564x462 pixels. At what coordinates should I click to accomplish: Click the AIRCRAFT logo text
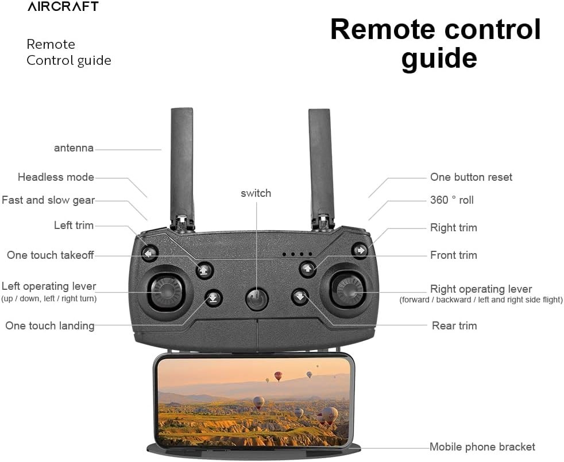point(63,6)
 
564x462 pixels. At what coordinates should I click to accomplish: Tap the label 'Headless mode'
point(56,177)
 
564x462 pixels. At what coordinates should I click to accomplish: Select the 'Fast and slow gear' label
point(48,200)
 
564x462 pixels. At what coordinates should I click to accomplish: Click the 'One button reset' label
point(471,177)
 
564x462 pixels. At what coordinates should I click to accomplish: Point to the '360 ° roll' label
point(452,200)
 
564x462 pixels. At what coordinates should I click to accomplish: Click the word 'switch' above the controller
point(256,193)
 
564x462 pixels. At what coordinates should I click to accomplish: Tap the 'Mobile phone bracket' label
point(482,447)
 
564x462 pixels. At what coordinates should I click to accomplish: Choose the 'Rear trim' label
point(454,325)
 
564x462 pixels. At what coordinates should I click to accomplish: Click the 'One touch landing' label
point(50,325)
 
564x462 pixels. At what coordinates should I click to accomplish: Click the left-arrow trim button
point(150,253)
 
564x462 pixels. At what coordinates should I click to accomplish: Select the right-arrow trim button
point(360,250)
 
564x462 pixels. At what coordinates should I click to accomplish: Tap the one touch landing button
point(214,297)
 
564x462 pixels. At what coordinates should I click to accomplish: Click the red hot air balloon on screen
point(278,376)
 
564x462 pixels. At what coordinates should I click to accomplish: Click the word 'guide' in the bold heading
point(439,58)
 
